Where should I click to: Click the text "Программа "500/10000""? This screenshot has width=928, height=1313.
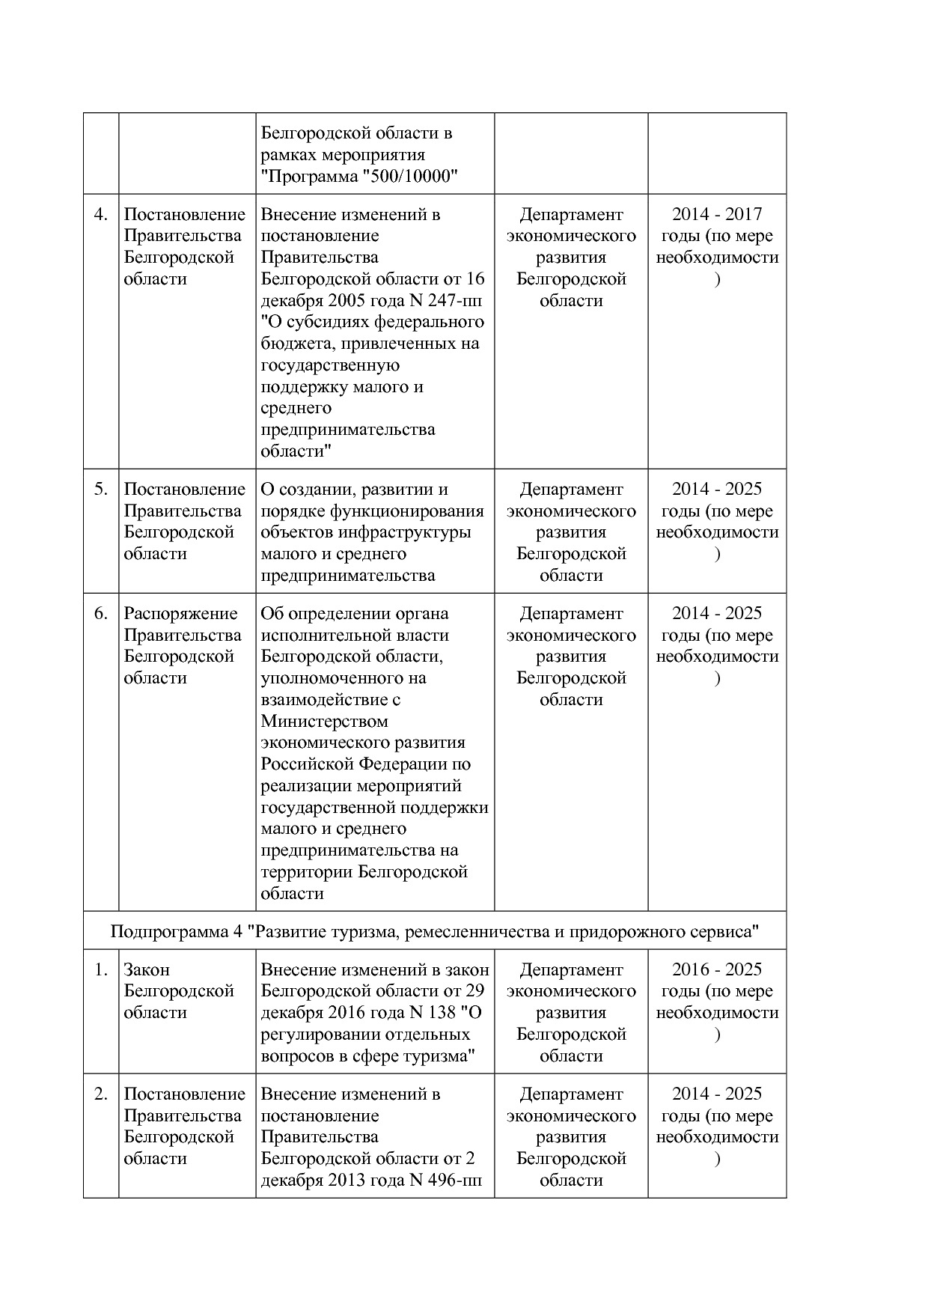coord(359,176)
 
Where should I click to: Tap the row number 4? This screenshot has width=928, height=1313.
coord(101,215)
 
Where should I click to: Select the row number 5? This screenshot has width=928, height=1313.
coord(101,490)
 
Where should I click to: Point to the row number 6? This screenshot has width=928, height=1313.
coord(101,614)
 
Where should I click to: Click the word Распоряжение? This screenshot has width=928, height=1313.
coord(180,614)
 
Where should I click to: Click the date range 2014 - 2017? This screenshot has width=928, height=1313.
coord(717,215)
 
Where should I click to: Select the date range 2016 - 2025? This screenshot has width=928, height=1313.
coord(717,970)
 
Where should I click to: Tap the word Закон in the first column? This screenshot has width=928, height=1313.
coord(147,970)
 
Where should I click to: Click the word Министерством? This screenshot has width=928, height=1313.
coord(324,722)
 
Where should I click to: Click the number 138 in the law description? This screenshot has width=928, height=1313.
coord(442,1013)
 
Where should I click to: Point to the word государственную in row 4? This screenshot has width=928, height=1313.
coord(330,365)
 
